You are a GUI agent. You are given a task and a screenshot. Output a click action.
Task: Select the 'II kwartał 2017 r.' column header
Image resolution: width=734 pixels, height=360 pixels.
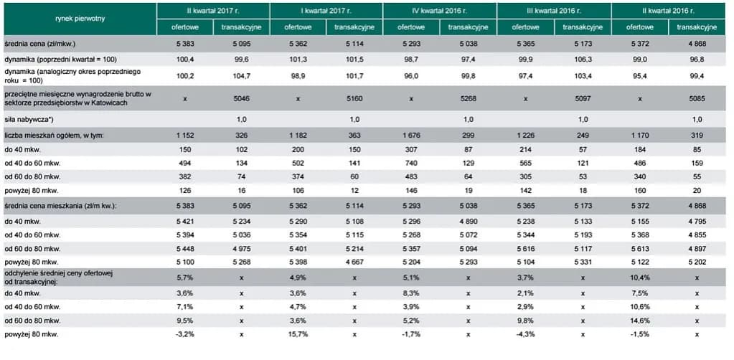point(213,11)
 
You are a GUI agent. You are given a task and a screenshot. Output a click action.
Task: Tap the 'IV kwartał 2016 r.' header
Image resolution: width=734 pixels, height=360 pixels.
point(439,11)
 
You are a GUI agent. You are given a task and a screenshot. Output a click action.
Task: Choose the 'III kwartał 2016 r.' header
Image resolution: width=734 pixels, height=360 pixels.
point(553,11)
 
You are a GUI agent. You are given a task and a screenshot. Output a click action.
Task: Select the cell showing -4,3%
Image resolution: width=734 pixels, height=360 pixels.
point(524,334)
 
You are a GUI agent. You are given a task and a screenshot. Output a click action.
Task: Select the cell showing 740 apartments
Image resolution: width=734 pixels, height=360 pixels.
point(411,164)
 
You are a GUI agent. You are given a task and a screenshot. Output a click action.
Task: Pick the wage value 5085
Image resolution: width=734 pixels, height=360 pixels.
point(695,98)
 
